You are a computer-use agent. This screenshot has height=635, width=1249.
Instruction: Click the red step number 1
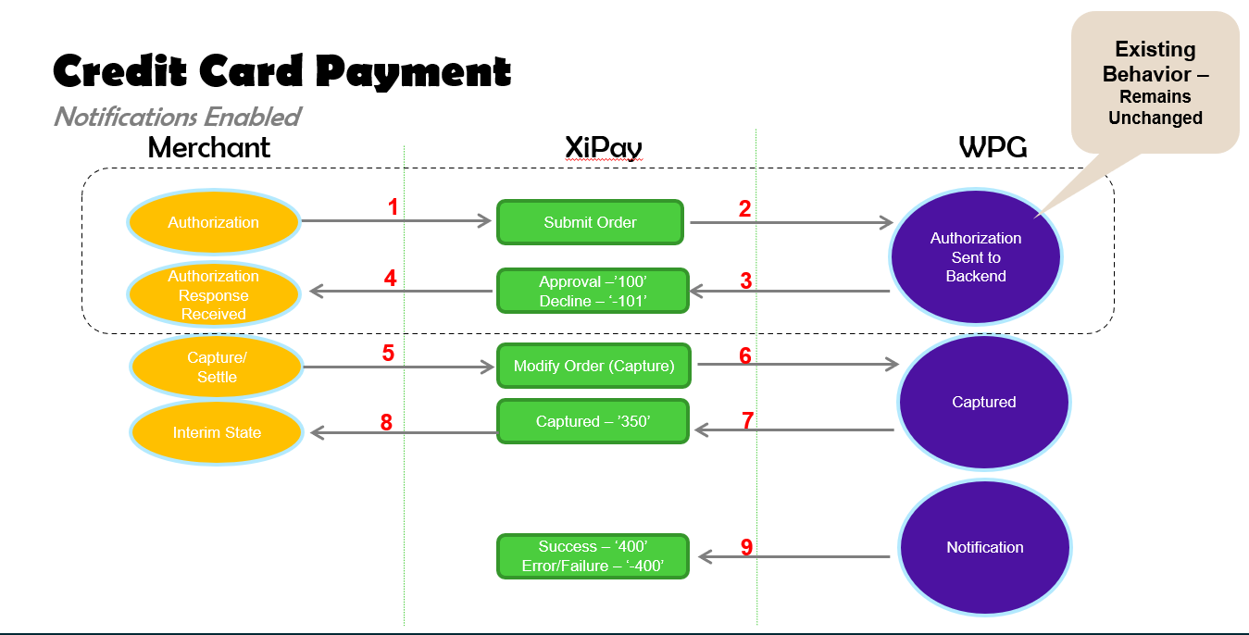tap(393, 207)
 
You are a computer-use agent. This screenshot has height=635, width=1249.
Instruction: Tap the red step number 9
tap(746, 547)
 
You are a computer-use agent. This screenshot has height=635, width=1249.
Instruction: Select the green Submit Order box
tap(590, 222)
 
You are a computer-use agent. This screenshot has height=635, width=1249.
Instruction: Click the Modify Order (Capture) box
tap(593, 366)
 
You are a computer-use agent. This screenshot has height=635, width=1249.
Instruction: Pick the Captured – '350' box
tap(593, 421)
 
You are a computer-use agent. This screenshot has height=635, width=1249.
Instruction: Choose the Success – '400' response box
tap(593, 556)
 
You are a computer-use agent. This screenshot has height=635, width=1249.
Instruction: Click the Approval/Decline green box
tap(593, 291)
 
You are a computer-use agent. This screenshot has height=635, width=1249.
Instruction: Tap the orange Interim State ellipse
tap(217, 432)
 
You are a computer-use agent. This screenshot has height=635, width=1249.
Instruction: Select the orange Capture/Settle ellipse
tap(217, 367)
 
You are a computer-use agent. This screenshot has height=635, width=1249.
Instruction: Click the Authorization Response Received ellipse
tap(214, 294)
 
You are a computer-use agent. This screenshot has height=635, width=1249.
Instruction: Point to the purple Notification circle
tap(985, 547)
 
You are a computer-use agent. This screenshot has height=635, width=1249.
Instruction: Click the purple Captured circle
tap(984, 402)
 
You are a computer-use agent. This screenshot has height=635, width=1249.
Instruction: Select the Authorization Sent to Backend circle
tap(976, 256)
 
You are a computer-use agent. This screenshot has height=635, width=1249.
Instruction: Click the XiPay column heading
tap(604, 148)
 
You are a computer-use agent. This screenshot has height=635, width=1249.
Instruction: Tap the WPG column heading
tap(993, 147)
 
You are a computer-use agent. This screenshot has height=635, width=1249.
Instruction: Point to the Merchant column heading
tap(209, 148)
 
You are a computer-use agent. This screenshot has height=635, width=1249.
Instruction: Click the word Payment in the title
tap(413, 72)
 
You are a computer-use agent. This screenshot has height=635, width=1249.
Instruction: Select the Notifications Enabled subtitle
tap(178, 117)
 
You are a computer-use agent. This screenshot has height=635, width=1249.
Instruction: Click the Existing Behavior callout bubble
tap(1155, 82)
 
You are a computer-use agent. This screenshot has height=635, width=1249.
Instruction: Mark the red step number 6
tap(745, 355)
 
